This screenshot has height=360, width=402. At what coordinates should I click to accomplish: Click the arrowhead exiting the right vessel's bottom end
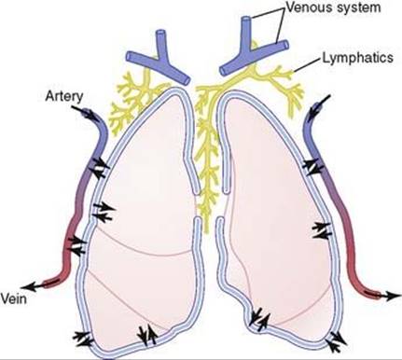coord(387,297)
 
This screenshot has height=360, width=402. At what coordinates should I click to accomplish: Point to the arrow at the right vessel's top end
coord(326,97)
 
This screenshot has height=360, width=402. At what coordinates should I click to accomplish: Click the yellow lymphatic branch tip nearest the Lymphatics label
coord(290,68)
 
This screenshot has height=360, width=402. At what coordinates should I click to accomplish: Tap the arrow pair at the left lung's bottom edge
coord(146,332)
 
